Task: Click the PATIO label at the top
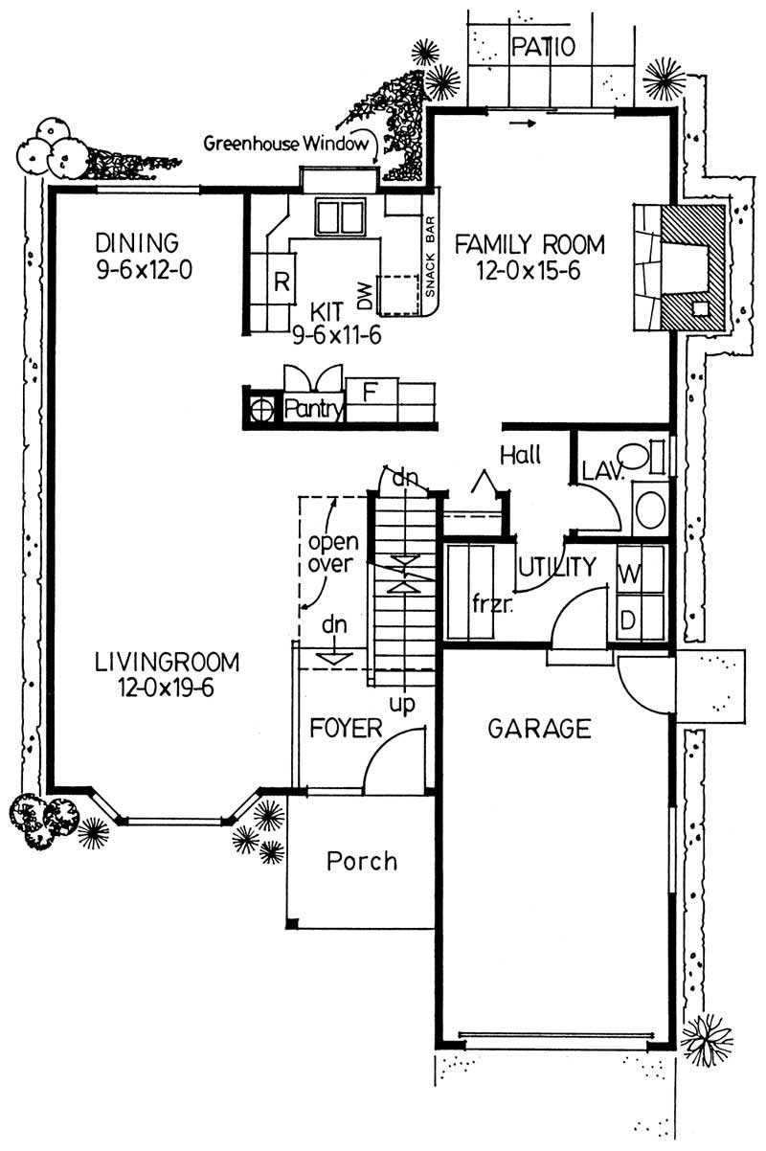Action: pos(543,47)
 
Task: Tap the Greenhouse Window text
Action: pos(286,145)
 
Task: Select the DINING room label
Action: pos(138,241)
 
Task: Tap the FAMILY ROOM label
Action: pos(529,245)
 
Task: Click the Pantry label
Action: pos(313,410)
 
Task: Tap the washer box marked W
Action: pos(629,575)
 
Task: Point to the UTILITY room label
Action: pos(557,567)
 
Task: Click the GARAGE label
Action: pos(539,729)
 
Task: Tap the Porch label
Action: pos(362,860)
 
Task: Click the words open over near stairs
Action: pos(332,552)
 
